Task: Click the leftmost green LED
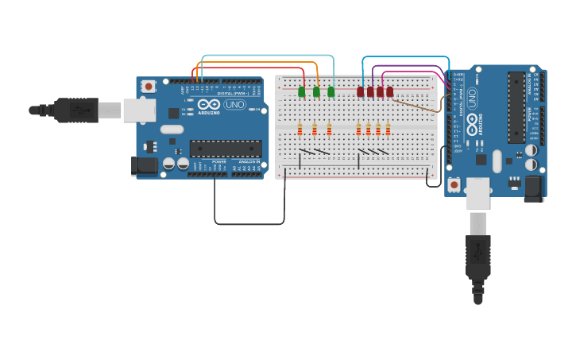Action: [301, 92]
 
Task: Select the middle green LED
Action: [316, 92]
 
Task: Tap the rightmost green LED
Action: [331, 92]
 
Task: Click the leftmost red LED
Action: [361, 92]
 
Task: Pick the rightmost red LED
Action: [389, 92]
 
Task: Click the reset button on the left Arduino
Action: [149, 87]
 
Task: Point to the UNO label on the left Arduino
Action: [235, 105]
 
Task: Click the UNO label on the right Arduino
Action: [473, 98]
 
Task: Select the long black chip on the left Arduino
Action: [226, 148]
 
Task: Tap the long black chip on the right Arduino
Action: [516, 107]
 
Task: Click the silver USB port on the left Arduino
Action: [138, 110]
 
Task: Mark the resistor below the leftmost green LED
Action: [300, 130]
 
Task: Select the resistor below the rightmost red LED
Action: [388, 130]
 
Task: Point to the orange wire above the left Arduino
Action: [254, 63]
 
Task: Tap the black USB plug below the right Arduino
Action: [477, 254]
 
